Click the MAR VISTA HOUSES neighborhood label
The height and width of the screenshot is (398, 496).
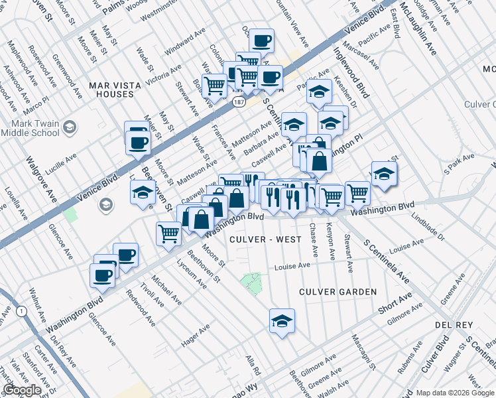pos(111,90)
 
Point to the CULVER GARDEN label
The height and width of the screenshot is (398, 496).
pos(338,292)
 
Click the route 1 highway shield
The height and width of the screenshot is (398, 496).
pos(22,310)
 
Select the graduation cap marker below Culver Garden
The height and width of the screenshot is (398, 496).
pos(282,321)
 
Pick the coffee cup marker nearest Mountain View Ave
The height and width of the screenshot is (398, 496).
pos(261,40)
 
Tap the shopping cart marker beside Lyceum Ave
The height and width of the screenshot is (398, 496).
pos(168,232)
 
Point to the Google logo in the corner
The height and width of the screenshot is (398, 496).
pos(23,390)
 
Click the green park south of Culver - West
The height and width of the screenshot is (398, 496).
pos(251,283)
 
